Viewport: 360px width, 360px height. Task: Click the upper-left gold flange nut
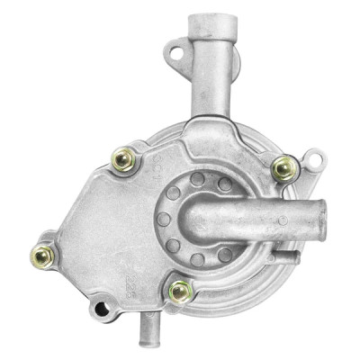point(122,159)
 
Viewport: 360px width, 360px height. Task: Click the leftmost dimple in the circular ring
point(162,219)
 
